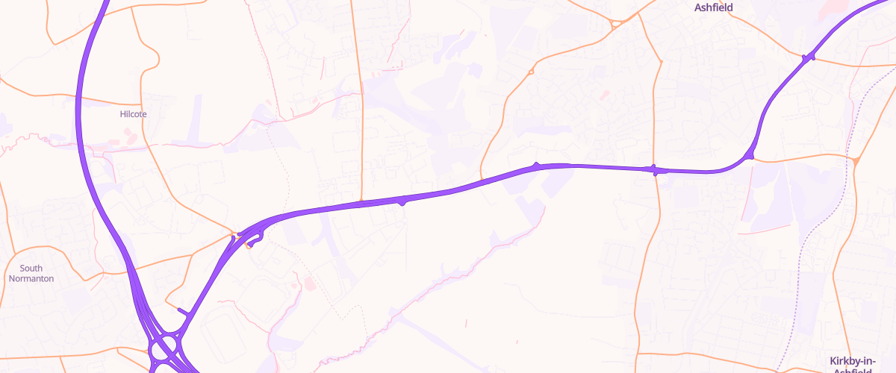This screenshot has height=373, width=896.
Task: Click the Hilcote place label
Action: [x=134, y=114]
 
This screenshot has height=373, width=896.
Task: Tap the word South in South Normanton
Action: [x=31, y=269]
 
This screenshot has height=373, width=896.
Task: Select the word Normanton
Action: [x=31, y=278]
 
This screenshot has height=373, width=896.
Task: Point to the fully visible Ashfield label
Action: [x=714, y=7]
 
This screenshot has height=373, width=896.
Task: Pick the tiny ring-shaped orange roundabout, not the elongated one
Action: [x=531, y=72]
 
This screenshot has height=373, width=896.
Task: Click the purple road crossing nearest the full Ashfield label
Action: [x=808, y=57]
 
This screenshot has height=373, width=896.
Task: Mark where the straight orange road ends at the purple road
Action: [x=362, y=200]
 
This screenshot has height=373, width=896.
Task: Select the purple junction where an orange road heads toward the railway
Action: [x=750, y=156]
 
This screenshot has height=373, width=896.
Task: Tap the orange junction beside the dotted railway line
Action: [x=856, y=160]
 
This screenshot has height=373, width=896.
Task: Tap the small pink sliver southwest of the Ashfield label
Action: [x=603, y=95]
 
